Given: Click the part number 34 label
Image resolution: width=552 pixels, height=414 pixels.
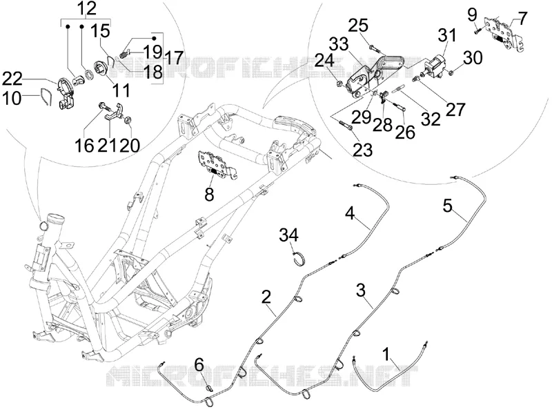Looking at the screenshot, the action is click(288, 235).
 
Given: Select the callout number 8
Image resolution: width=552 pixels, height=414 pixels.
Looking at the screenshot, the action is click(210, 194).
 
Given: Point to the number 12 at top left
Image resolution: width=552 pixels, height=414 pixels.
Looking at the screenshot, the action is click(87, 8).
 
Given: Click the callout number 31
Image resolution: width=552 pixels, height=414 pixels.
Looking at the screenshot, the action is click(447, 36).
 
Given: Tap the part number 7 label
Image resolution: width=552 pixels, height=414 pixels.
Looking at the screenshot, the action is click(523, 18).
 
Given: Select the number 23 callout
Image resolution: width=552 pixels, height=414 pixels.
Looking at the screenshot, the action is click(363, 150).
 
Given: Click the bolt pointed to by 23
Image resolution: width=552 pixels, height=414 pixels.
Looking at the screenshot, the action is click(346, 125).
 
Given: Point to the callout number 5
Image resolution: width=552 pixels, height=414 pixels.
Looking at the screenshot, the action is click(447, 206).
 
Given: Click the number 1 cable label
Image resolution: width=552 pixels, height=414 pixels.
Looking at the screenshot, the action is click(386, 354).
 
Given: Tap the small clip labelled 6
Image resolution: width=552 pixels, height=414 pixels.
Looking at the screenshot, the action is click(209, 388).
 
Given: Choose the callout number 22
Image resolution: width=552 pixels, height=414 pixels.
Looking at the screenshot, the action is click(12, 79).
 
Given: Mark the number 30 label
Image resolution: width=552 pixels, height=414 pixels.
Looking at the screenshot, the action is click(473, 58).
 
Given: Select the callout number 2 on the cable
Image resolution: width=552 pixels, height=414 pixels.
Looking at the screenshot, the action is click(266, 297).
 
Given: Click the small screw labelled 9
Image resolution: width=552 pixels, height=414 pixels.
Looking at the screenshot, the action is click(477, 31).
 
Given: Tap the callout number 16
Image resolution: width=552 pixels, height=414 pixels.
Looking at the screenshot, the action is click(84, 146).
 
